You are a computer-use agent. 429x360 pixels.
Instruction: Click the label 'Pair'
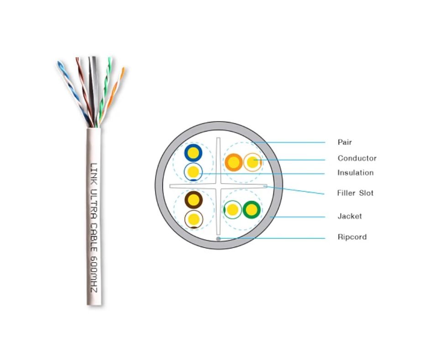pos(345,142)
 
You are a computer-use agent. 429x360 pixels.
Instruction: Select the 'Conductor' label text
pos(357,158)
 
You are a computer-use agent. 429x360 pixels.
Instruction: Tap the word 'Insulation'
pos(355,173)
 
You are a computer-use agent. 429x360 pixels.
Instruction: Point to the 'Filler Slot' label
pos(355,193)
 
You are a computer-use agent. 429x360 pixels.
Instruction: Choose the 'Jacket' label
pos(349,216)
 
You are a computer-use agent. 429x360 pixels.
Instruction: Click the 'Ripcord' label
pos(351,237)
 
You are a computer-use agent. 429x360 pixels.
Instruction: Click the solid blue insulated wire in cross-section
pos(193,153)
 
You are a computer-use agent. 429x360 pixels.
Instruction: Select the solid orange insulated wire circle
pos(234,162)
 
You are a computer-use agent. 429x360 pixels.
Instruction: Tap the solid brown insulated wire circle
pos(194,200)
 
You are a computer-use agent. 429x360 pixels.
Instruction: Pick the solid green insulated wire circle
pos(251,210)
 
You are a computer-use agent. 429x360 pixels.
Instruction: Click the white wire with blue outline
pos(193,172)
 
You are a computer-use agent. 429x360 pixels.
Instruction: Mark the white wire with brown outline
pos(194,219)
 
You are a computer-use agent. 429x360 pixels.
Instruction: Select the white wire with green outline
pos(233,210)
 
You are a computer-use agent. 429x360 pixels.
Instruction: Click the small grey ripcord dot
pos(219,238)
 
